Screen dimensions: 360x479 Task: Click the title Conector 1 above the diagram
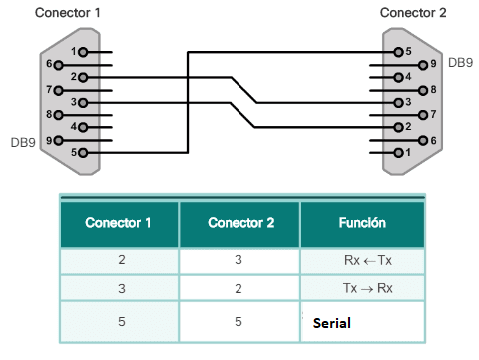[67, 13]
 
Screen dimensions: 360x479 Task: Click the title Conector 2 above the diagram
[414, 13]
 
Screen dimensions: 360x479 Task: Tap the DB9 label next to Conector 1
[22, 142]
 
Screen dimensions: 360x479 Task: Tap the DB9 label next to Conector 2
[460, 63]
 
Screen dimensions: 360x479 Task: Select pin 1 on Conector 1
[83, 51]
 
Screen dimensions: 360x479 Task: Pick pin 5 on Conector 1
[83, 153]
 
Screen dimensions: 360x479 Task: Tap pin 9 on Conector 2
[422, 64]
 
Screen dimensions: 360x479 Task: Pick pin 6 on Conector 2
[422, 141]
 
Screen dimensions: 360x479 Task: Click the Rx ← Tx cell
[362, 262]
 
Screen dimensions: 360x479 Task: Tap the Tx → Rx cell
[362, 288]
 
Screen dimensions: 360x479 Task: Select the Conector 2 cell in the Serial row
[239, 323]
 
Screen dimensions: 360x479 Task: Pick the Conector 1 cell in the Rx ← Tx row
[118, 262]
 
